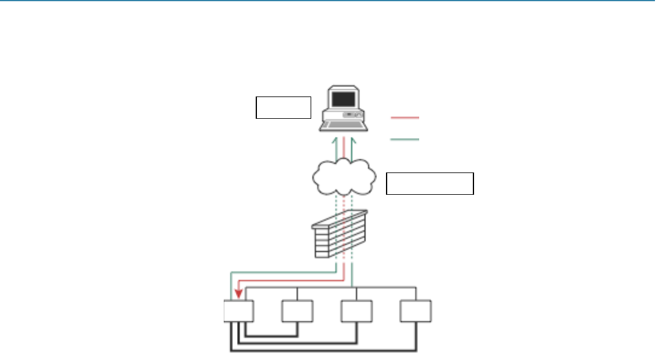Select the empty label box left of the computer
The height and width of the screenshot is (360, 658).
(x=283, y=107)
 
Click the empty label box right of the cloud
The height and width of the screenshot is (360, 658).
(x=429, y=183)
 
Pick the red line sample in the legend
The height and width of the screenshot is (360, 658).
(x=405, y=118)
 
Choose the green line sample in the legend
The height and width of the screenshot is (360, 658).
(x=405, y=140)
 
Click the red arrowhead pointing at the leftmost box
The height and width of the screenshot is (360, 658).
(x=238, y=293)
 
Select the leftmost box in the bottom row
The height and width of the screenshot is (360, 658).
(x=238, y=312)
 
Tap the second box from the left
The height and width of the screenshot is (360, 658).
(x=297, y=312)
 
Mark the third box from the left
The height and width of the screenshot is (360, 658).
(x=356, y=312)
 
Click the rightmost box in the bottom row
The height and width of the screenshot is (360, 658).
(x=416, y=312)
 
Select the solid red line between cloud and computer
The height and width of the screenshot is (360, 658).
(x=344, y=150)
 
